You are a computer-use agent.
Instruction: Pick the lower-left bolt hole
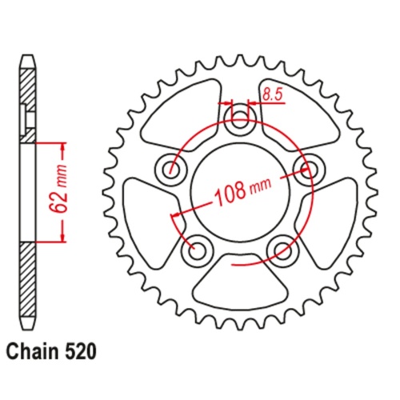194,250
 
